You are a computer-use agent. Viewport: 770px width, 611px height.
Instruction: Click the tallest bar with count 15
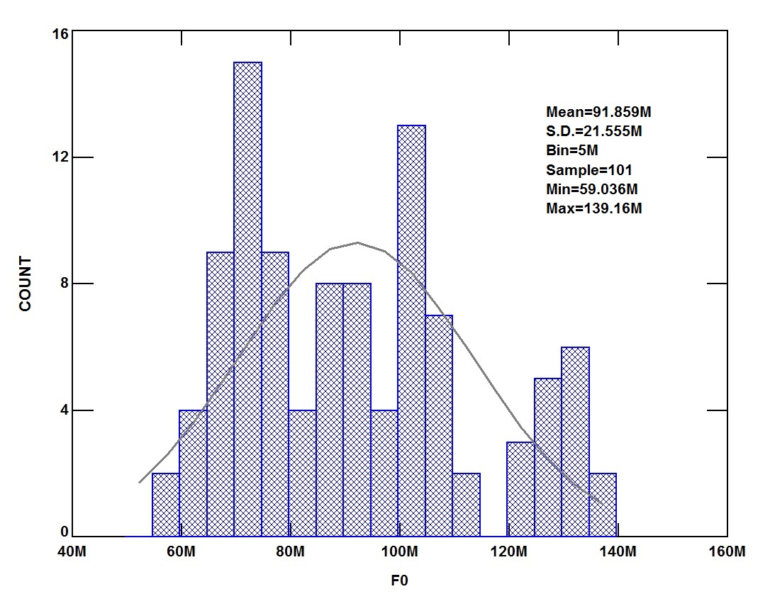pos(247,298)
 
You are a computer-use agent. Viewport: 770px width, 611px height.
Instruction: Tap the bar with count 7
pos(439,425)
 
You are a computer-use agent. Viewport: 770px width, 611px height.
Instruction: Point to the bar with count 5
pos(547,457)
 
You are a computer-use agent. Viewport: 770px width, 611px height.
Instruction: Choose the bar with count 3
pos(520,489)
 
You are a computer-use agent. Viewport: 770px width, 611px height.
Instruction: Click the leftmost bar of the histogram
pos(166,505)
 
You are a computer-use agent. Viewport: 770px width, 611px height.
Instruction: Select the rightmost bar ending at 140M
pos(603,505)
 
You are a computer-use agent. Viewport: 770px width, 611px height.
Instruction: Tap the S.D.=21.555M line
pos(593,131)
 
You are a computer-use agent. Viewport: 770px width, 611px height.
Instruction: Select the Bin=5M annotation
pos(572,150)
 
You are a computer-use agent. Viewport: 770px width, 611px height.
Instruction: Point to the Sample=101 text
pos(588,170)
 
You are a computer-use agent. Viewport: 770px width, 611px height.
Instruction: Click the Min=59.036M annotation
pos(592,189)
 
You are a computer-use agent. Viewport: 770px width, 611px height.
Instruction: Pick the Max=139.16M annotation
pos(593,208)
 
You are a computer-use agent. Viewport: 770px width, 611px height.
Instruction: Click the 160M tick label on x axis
pos(727,552)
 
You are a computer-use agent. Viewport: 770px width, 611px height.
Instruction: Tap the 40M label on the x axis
pos(73,552)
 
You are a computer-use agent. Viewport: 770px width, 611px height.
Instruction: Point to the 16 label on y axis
pos(60,33)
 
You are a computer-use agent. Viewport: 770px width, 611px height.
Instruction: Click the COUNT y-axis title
pos(26,284)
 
